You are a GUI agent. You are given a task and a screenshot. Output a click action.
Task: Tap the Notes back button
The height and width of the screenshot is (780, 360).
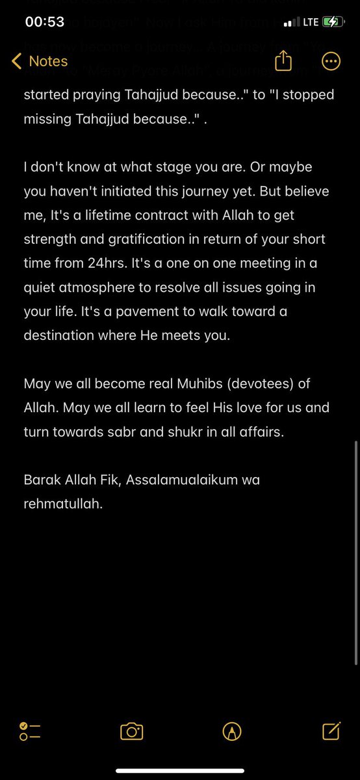point(40,61)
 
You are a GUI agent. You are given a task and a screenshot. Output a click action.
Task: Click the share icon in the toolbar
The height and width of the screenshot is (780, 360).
point(283,61)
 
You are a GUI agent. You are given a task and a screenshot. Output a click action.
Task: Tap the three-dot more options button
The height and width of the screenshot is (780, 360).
point(331,61)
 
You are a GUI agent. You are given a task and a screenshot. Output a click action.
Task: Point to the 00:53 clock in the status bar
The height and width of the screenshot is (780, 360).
point(44,21)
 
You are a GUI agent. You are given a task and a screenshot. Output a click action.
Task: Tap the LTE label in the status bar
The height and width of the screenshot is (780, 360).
point(310,22)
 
